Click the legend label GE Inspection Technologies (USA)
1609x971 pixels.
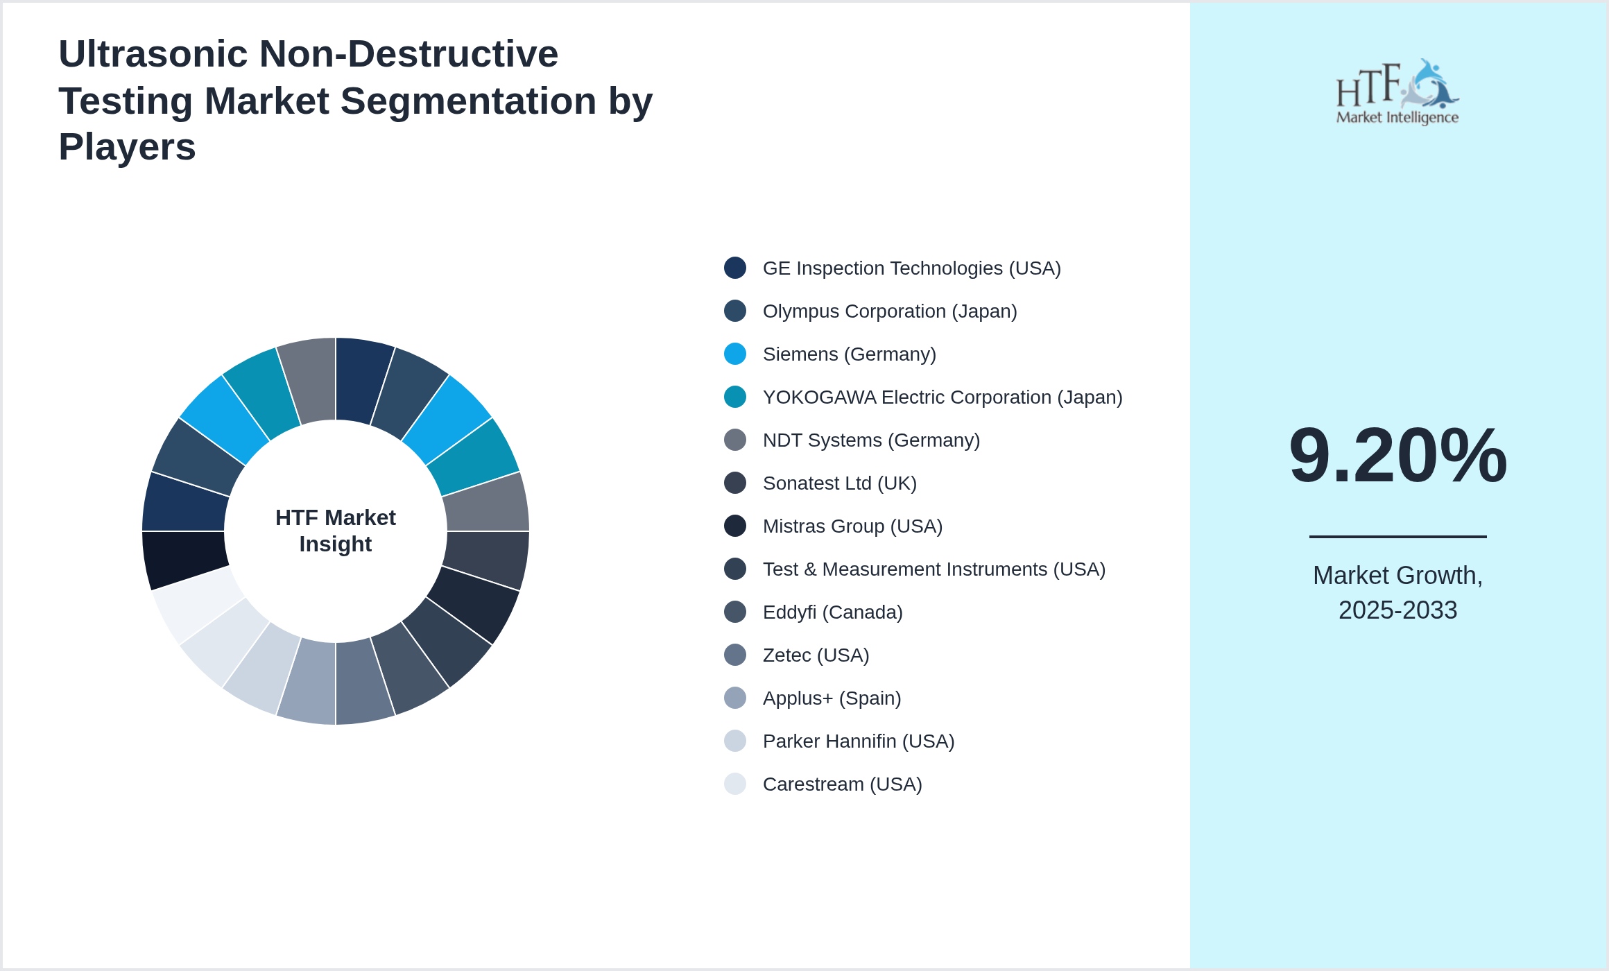click(x=911, y=268)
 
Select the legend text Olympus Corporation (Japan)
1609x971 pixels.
click(x=889, y=311)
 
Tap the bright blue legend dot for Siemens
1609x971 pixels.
click(x=735, y=354)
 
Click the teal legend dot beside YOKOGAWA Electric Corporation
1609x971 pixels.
click(x=735, y=397)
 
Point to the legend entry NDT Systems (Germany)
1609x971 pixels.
click(x=870, y=440)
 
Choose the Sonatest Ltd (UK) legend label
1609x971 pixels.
click(x=839, y=483)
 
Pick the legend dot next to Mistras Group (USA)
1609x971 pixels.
click(x=735, y=526)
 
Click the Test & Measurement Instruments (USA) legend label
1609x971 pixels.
click(x=933, y=569)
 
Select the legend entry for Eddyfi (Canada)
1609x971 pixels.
click(x=832, y=612)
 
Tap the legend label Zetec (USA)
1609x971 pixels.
click(x=816, y=655)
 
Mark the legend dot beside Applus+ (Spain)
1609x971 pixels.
click(x=735, y=698)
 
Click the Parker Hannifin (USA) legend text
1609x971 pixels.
click(x=858, y=741)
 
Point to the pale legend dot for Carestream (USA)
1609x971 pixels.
click(x=735, y=784)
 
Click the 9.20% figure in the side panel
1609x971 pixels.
click(x=1397, y=456)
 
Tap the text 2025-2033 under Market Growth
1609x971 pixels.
click(x=1397, y=610)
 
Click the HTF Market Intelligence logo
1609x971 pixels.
click(x=1397, y=92)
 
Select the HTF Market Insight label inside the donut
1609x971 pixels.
click(x=336, y=531)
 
